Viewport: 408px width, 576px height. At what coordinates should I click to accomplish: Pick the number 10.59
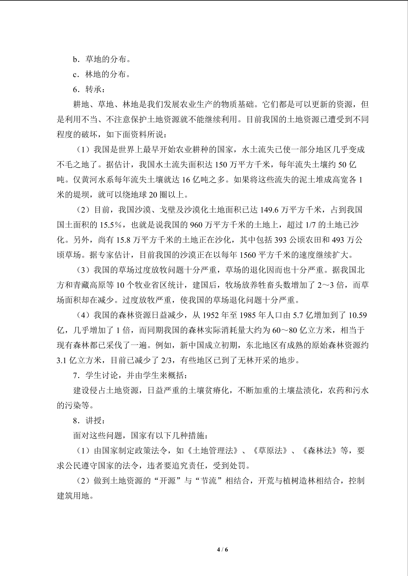357,315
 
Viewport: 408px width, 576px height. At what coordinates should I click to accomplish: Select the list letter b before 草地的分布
76,60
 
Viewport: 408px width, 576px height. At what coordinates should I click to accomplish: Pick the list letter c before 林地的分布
75,75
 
